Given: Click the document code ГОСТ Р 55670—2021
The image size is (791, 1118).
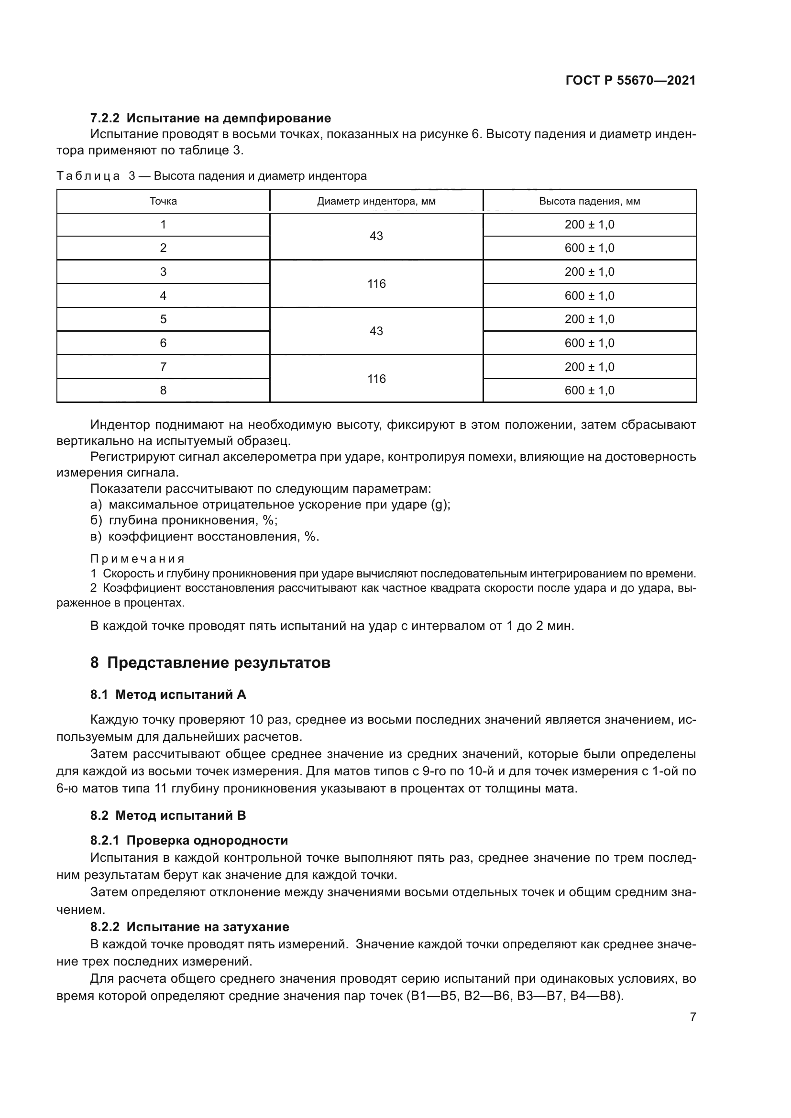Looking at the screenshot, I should click(x=630, y=81).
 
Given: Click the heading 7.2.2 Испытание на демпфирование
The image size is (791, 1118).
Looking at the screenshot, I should click(x=210, y=119).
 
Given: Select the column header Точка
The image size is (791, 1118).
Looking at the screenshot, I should click(x=163, y=201).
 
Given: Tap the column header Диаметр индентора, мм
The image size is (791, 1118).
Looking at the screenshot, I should click(x=376, y=201).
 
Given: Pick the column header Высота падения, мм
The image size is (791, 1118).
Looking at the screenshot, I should click(x=589, y=201).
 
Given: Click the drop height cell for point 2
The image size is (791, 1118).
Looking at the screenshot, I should click(x=589, y=248).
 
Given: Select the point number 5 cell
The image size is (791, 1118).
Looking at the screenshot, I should click(x=163, y=319).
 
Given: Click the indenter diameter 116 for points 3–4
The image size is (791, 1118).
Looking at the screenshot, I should click(x=376, y=283).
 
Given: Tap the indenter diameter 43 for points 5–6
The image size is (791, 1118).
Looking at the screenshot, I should click(x=376, y=331).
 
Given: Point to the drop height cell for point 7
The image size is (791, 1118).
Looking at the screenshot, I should click(x=589, y=367).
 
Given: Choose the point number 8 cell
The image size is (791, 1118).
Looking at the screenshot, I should click(x=163, y=390).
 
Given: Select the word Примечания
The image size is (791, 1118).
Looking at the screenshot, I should click(x=137, y=558).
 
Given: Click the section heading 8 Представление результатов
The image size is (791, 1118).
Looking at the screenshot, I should click(x=210, y=662).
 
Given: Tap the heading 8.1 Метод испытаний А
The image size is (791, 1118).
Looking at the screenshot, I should click(x=168, y=695).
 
